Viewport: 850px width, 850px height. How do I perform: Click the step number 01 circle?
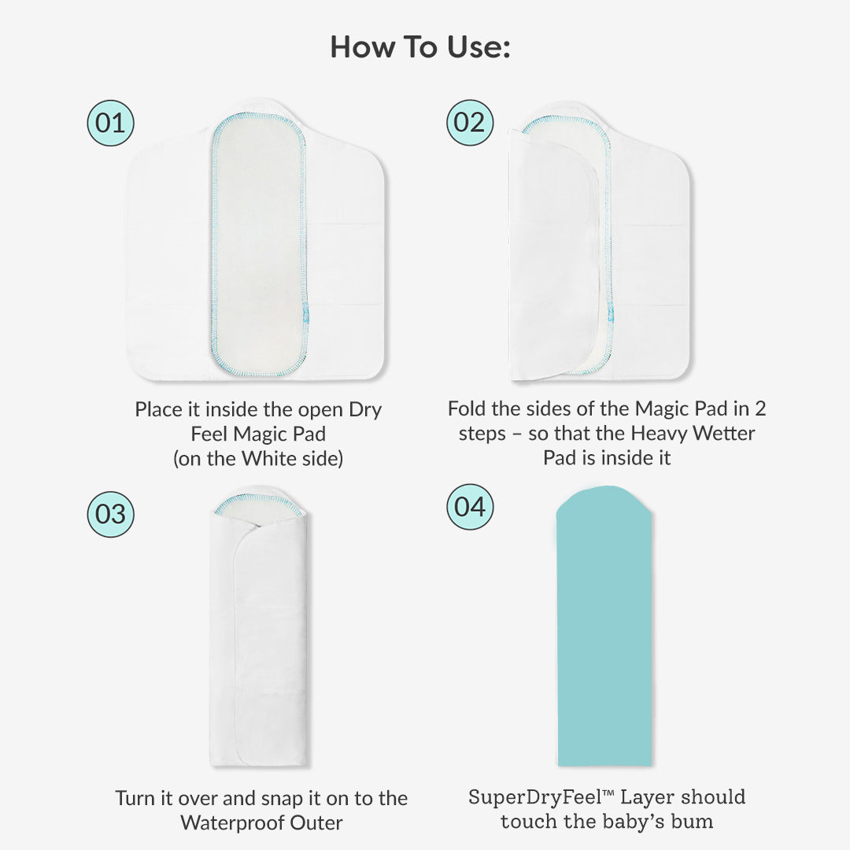click(110, 123)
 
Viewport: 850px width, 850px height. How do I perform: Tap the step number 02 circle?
click(469, 122)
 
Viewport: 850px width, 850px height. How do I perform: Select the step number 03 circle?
click(110, 514)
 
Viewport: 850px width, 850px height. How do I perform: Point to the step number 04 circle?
click(469, 507)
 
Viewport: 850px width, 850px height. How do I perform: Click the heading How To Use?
click(420, 46)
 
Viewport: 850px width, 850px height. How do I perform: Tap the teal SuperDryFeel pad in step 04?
click(604, 626)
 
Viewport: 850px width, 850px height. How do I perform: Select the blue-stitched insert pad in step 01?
click(259, 244)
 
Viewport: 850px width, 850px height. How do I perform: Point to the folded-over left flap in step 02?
click(553, 255)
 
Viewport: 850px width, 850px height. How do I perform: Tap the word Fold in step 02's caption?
click(467, 408)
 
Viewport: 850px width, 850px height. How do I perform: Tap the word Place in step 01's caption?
click(158, 410)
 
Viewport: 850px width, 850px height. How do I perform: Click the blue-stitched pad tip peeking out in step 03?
click(258, 504)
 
